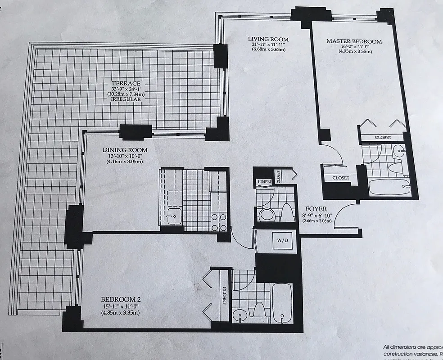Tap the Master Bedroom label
[x=354, y=41]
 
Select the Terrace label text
[x=127, y=83]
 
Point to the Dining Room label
[x=125, y=150]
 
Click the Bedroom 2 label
[x=118, y=299]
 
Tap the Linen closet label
[x=263, y=182]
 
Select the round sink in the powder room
[x=266, y=214]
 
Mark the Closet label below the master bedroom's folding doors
[x=382, y=137]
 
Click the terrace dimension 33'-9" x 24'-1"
[x=127, y=89]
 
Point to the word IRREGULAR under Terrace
[x=127, y=99]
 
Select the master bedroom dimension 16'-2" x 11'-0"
[x=354, y=46]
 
